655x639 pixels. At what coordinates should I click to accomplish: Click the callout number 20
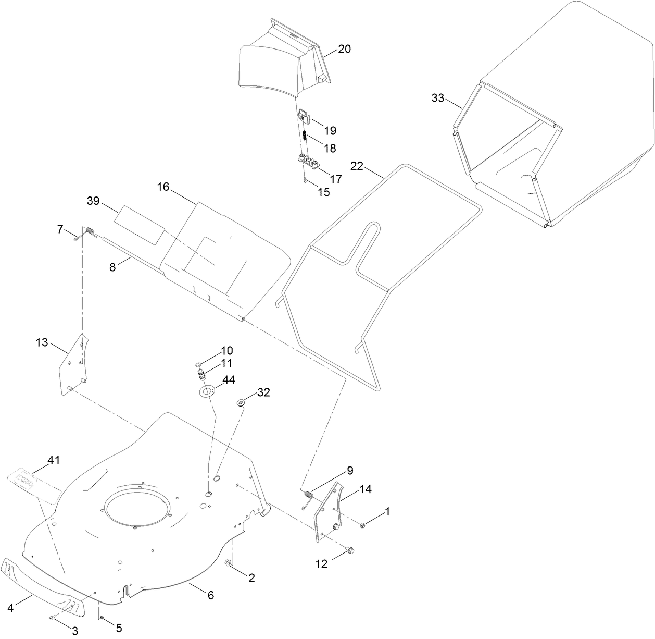(x=344, y=49)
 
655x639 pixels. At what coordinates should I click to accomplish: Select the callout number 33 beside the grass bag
(x=437, y=97)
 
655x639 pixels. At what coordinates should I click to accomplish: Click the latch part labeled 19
(x=304, y=117)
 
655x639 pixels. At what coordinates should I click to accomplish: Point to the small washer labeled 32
(x=242, y=402)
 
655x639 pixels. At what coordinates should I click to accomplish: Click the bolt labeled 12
(x=349, y=549)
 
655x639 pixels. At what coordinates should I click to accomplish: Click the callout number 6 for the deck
(x=210, y=595)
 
